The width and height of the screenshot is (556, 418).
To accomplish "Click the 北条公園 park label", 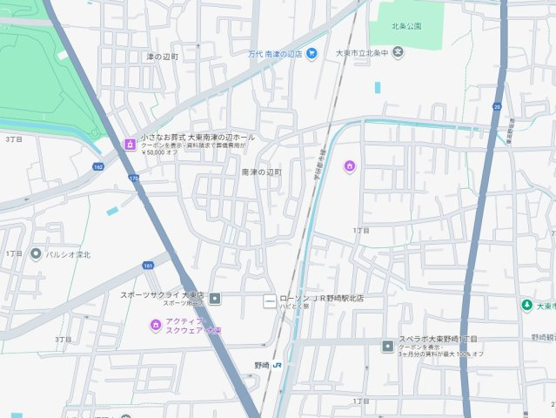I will pyautogui.click(x=406, y=26).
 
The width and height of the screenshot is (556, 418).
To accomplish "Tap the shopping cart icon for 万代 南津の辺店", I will pyautogui.click(x=311, y=53).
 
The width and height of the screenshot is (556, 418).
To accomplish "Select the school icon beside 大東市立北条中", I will pyautogui.click(x=398, y=53).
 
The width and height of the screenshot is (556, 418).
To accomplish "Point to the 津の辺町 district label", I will pyautogui.click(x=162, y=57).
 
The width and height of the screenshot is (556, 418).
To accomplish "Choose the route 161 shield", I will pyautogui.click(x=148, y=265).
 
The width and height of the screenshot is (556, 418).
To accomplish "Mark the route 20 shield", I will pyautogui.click(x=497, y=106).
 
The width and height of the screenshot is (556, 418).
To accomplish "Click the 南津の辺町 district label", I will pyautogui.click(x=263, y=172).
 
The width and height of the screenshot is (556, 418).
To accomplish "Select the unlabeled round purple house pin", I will pyautogui.click(x=350, y=165).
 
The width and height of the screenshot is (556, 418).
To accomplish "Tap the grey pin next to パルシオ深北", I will pyautogui.click(x=36, y=254).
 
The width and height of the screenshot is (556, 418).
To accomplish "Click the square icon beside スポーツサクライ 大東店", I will pyautogui.click(x=215, y=299).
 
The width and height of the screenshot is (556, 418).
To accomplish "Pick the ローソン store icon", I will pyautogui.click(x=270, y=300).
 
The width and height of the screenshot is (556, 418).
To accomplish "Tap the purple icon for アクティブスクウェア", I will pyautogui.click(x=155, y=326).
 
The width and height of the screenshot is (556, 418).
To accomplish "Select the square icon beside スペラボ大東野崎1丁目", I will pyautogui.click(x=387, y=347).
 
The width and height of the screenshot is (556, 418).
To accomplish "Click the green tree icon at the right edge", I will pyautogui.click(x=526, y=305).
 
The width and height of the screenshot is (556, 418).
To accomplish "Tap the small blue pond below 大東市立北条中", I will pyautogui.click(x=378, y=87).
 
